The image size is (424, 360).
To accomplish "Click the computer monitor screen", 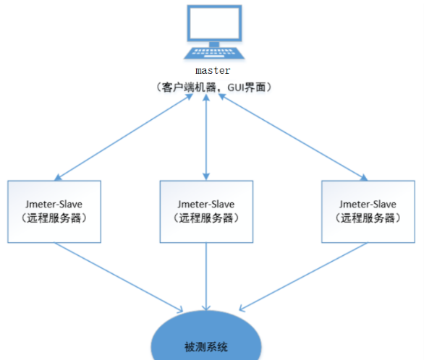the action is coord(214,23).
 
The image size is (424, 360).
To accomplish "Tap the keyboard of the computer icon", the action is coord(214,53).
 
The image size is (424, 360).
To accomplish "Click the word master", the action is coord(213,71).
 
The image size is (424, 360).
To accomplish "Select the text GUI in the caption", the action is coord(236,87).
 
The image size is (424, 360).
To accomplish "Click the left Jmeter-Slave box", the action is coord(54,212).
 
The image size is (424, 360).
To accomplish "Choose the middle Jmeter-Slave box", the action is coord(206,212).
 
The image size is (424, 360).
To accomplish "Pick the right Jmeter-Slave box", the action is coord(368,212).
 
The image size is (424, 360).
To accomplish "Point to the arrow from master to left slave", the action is coord(124,137).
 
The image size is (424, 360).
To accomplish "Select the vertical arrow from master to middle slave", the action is coord(206,137).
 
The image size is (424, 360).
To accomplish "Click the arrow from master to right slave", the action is coord(293,137).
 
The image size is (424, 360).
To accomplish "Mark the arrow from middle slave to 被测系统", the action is coord(206,277).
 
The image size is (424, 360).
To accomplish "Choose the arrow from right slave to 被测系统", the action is coord(303,277).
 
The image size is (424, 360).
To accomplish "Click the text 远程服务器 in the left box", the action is coord(54,218).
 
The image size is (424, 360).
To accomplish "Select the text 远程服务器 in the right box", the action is coord(368,218).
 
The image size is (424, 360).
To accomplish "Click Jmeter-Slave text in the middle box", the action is coord(206,205).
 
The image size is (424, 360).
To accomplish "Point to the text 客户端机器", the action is coord(189,87).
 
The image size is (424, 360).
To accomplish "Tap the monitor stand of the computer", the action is coord(214,44).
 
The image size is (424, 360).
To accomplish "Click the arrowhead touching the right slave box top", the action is coord(364,178).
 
